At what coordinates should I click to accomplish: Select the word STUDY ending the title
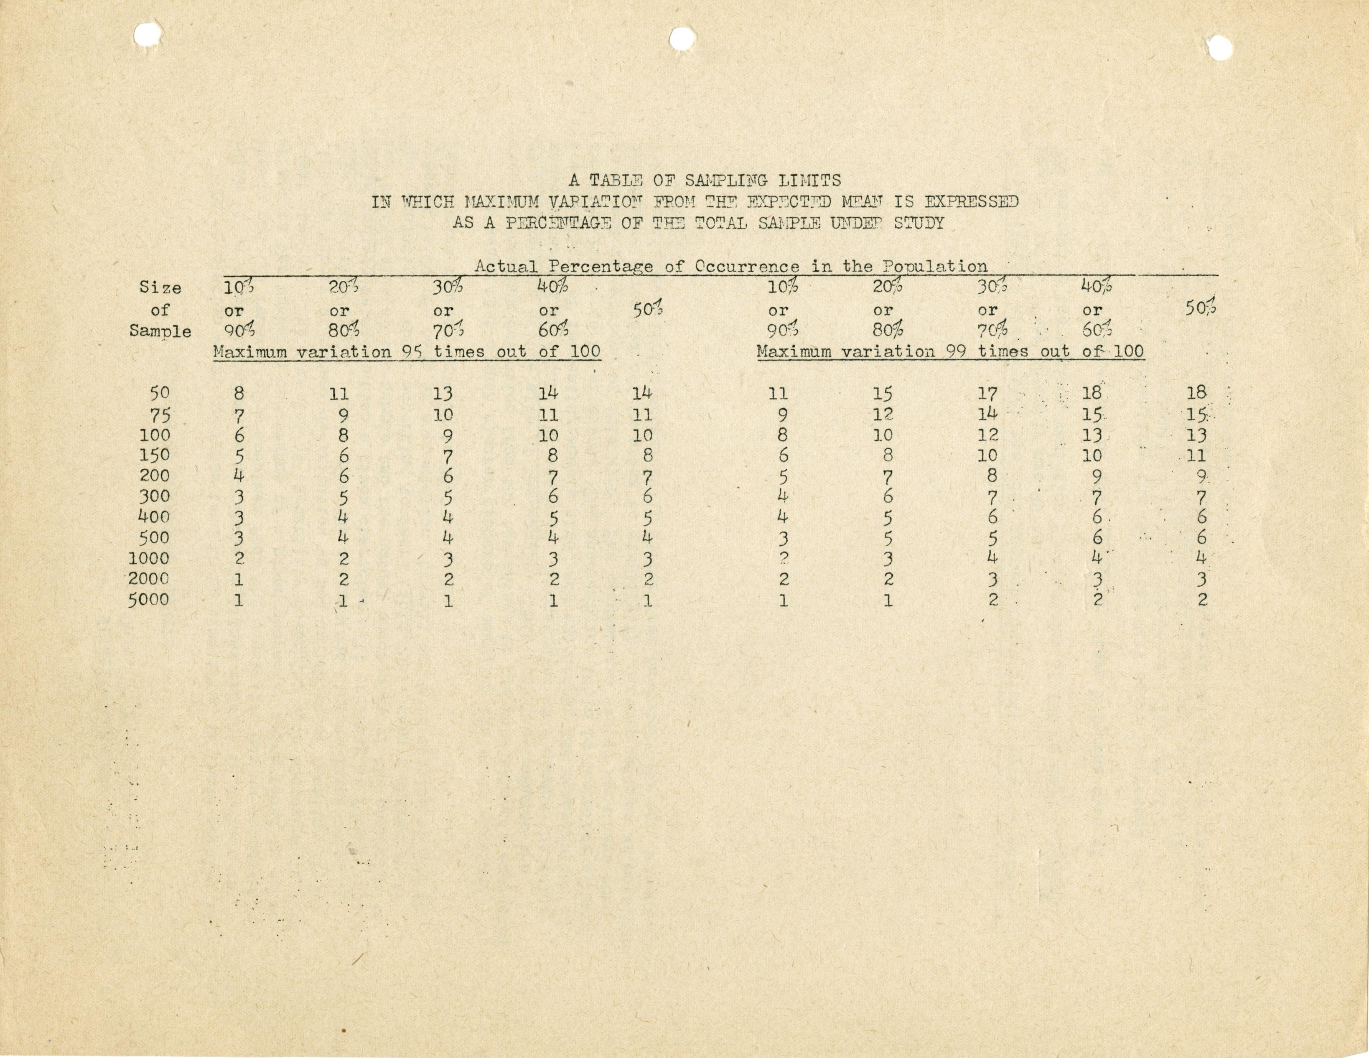[919, 223]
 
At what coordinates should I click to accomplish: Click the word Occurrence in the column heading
[746, 267]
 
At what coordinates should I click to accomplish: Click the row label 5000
[149, 600]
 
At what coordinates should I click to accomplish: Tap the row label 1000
[149, 558]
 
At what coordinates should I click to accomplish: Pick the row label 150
[154, 455]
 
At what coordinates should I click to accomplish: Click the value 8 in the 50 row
[239, 394]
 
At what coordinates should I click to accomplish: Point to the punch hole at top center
[682, 39]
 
